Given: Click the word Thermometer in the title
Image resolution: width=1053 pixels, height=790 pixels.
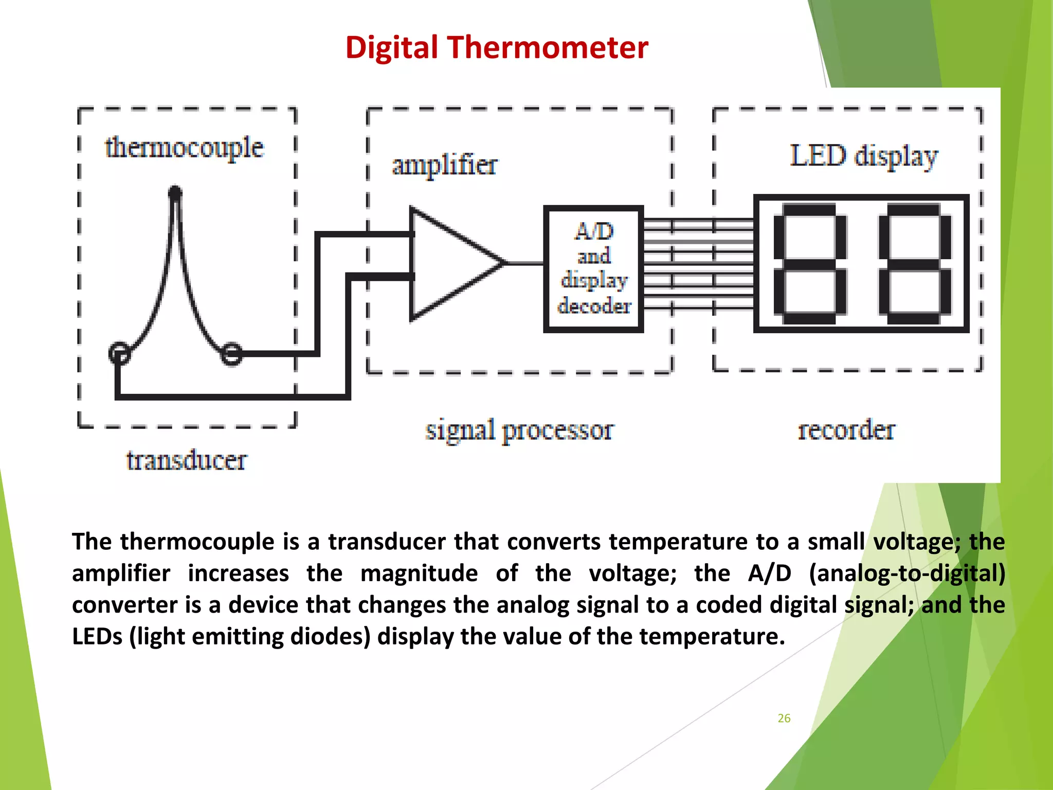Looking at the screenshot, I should coord(548,48).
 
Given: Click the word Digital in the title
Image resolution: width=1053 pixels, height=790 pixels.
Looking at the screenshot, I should coord(391,48).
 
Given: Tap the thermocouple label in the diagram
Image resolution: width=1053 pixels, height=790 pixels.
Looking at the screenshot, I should coord(185,148).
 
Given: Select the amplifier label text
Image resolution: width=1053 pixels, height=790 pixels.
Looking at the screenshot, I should coord(445,166).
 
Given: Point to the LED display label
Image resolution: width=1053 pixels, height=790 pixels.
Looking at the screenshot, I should coord(864,156).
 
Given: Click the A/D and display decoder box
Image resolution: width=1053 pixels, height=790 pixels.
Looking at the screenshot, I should coord(594,268).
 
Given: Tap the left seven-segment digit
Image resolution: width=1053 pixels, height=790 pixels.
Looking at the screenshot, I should coord(810,263).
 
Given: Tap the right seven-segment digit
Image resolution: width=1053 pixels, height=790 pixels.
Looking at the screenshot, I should coord(915,263).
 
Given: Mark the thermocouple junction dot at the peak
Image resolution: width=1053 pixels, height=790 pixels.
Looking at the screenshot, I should coord(175,193).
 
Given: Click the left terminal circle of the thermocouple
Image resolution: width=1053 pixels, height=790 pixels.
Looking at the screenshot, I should coord(120,353).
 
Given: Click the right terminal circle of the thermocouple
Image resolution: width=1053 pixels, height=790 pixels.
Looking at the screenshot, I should coord(231,354).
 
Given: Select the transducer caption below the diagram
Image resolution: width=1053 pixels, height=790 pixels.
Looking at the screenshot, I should coord(186,460).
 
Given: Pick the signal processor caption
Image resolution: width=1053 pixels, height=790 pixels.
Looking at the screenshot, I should coord(519,430).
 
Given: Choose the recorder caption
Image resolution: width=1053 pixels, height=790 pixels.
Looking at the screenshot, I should coord(846,430).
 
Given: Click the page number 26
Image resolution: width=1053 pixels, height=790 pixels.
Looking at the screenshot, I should coord(784,719).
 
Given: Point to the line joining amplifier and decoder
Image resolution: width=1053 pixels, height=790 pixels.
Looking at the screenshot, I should coord(524,263).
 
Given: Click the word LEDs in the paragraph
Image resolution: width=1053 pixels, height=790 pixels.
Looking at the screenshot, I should coord(97,637).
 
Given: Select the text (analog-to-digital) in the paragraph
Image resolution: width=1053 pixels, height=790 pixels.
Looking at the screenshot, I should coord(907,573).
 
